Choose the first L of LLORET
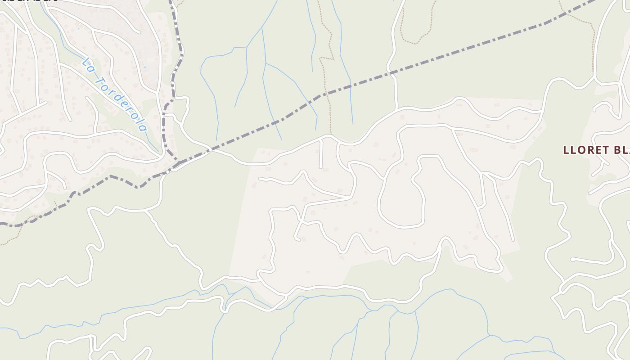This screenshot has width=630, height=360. tap(567, 150)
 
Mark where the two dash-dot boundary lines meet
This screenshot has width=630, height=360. tap(178, 161)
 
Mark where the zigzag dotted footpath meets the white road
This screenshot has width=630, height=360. tap(331, 135)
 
